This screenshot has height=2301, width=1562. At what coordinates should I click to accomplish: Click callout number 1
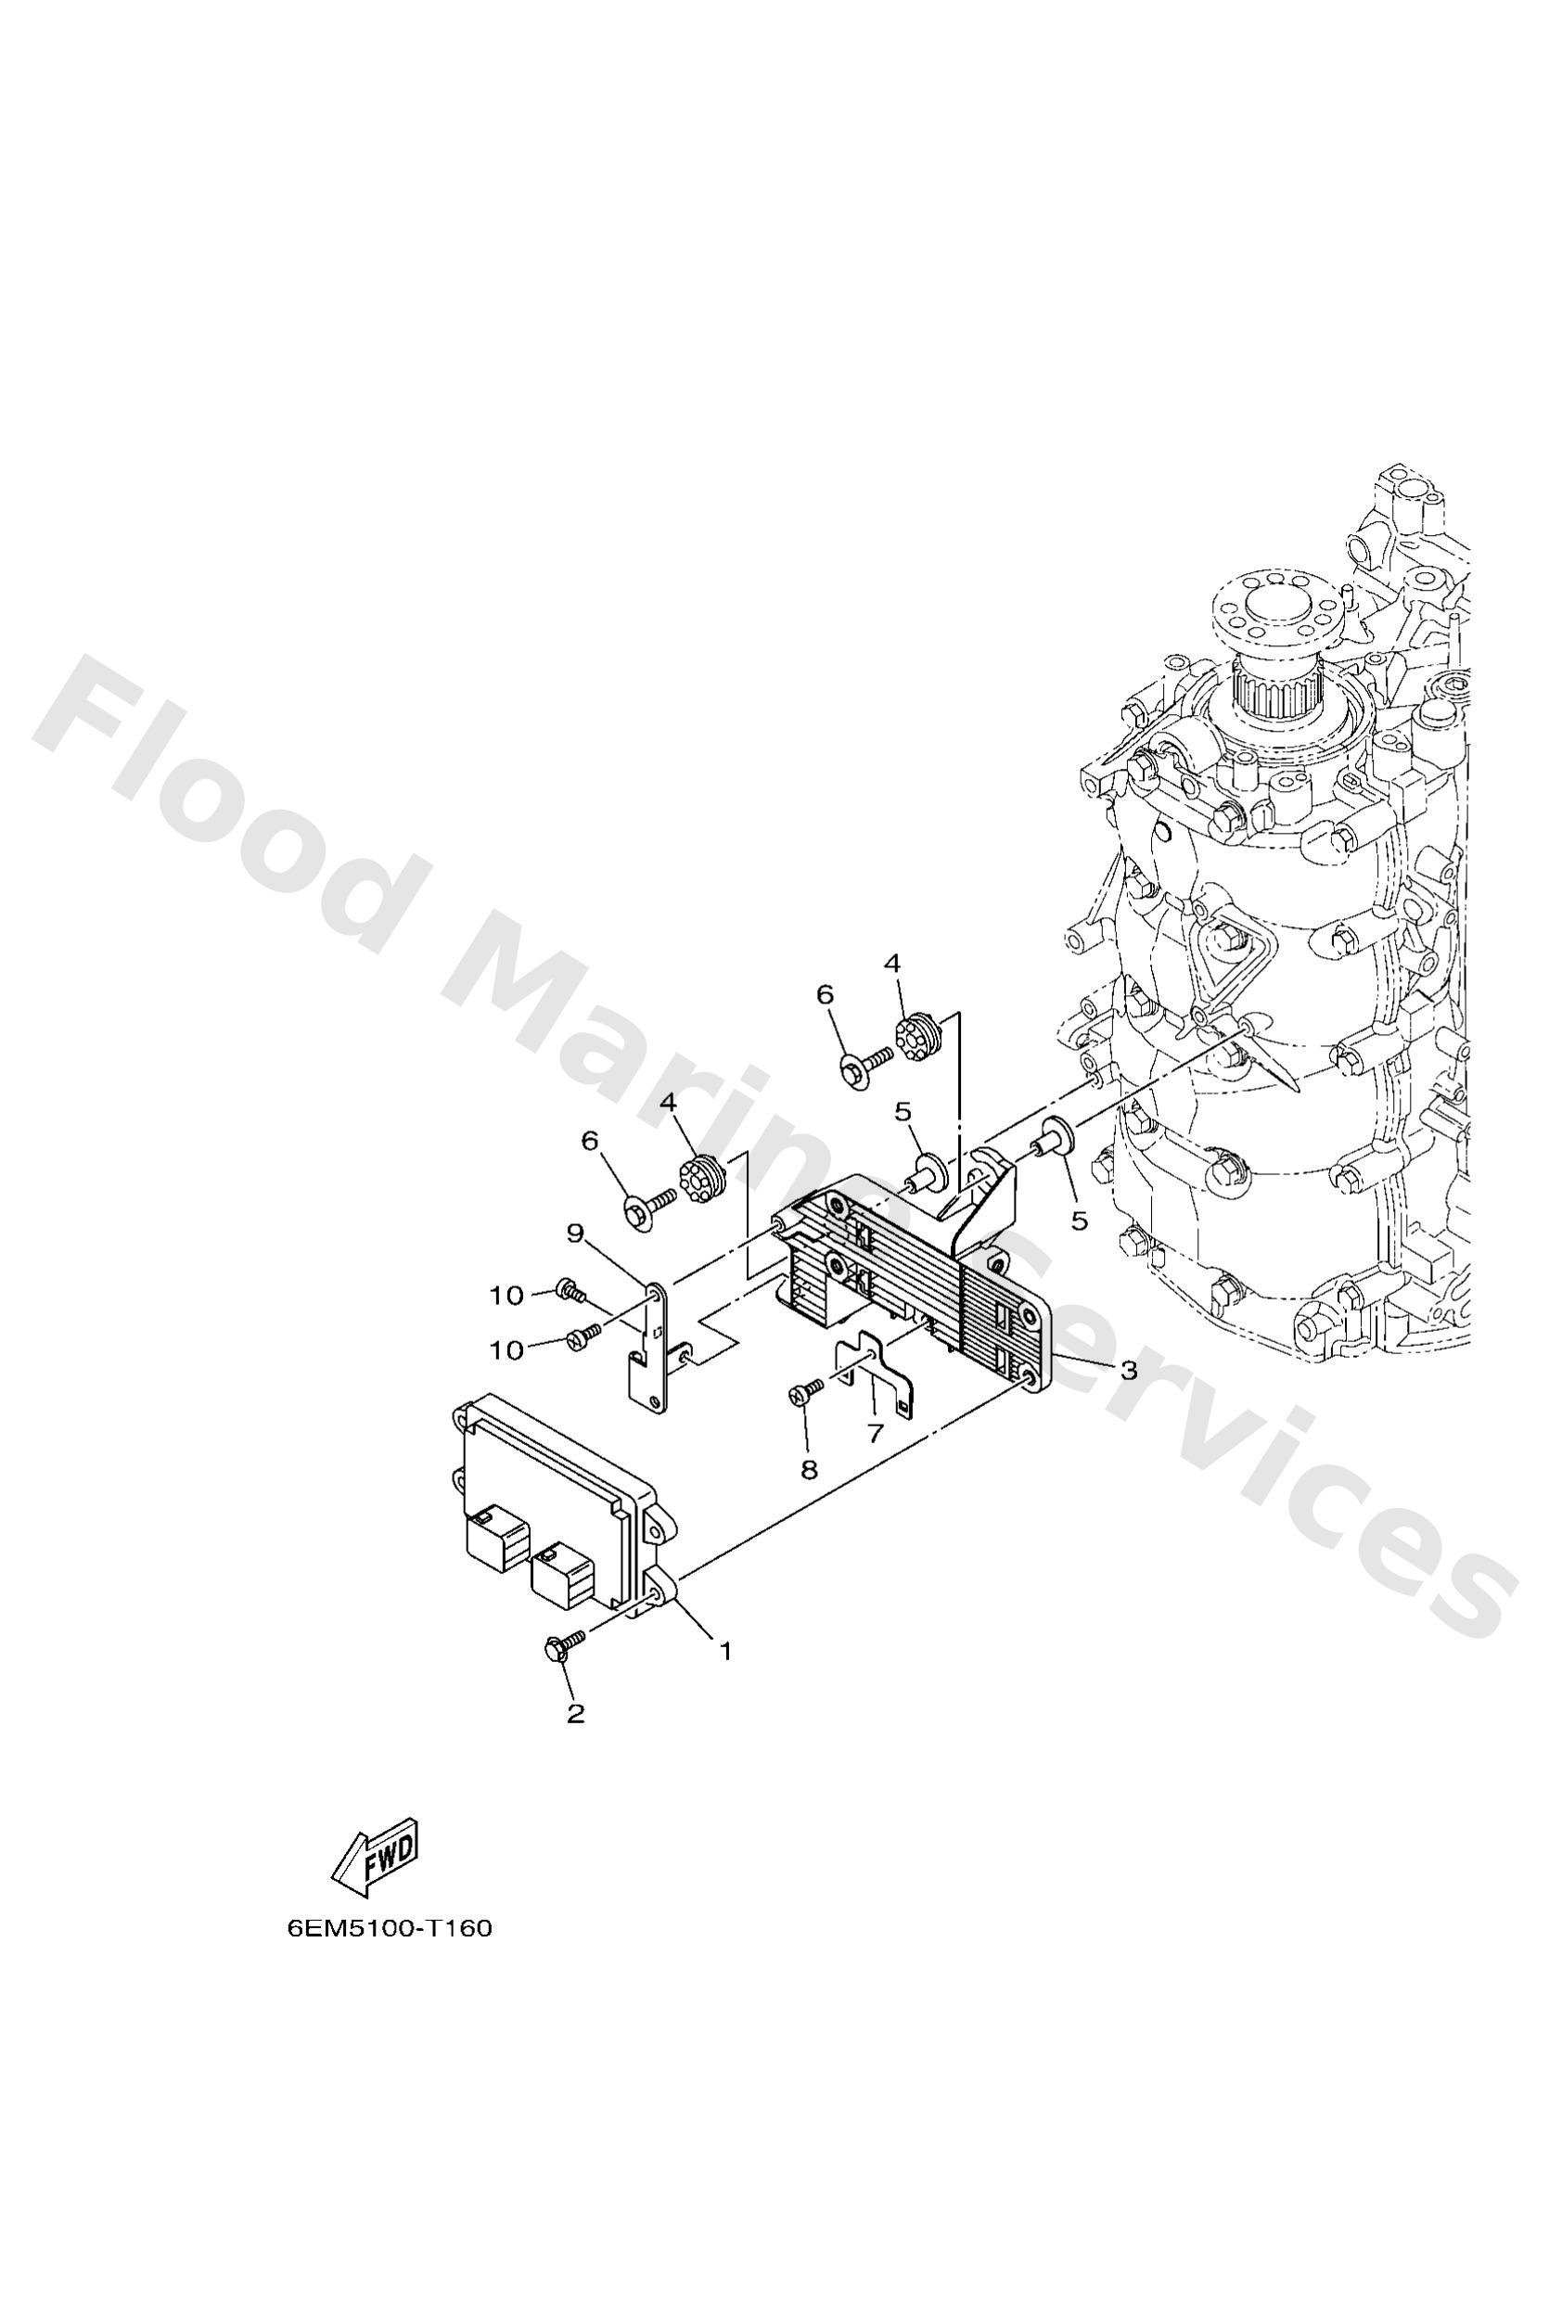pyautogui.click(x=725, y=1651)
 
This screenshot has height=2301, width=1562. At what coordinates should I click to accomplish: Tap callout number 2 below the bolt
pyautogui.click(x=575, y=1714)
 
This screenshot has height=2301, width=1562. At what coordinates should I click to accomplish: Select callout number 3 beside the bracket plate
pyautogui.click(x=1128, y=1372)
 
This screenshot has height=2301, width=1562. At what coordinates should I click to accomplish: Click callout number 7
pyautogui.click(x=874, y=1433)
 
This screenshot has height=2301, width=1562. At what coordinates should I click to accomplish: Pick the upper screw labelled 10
pyautogui.click(x=571, y=1290)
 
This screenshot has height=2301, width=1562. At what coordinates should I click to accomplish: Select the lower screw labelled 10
pyautogui.click(x=579, y=1337)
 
